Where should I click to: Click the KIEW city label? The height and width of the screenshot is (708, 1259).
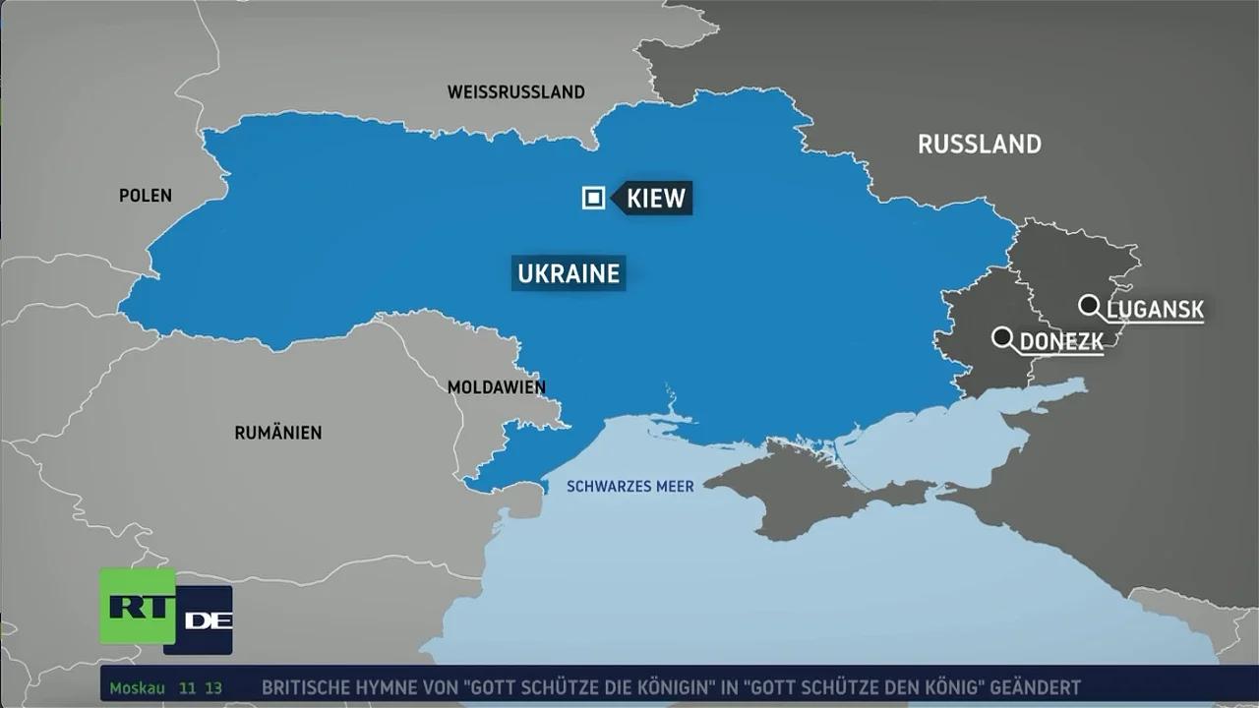pos(655,198)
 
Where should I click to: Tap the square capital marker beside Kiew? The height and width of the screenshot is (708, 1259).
pos(593,199)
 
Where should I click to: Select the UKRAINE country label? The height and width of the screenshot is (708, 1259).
pos(569,272)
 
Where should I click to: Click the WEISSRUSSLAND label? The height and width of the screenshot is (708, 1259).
pos(515,92)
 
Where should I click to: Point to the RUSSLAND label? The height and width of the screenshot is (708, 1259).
pos(979,145)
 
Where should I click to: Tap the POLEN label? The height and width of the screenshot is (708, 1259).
pos(146,196)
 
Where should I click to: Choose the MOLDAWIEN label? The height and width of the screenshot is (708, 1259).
pos(496,387)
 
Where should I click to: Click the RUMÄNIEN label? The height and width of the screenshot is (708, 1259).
pos(277,433)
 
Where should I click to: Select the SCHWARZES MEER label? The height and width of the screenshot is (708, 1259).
pos(630,487)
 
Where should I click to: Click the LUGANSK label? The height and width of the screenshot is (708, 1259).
pos(1155,311)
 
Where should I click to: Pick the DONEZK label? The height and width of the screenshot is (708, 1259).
pos(1061,342)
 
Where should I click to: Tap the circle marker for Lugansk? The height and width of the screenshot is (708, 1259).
pos(1088,305)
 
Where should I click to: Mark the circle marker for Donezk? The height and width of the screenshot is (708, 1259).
pos(1002,337)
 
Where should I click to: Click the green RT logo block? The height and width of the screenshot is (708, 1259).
pos(137,606)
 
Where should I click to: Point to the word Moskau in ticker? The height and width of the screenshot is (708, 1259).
pos(137,688)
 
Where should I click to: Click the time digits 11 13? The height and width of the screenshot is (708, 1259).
pos(200,688)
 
